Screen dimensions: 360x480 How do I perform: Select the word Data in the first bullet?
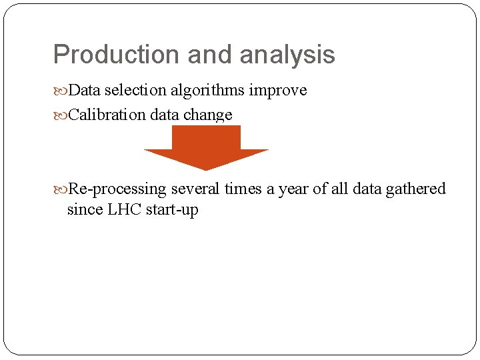click(x=83, y=90)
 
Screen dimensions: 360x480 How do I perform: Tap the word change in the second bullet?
click(x=208, y=115)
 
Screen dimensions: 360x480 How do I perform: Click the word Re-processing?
click(x=117, y=189)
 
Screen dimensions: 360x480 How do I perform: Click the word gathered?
click(x=415, y=189)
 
